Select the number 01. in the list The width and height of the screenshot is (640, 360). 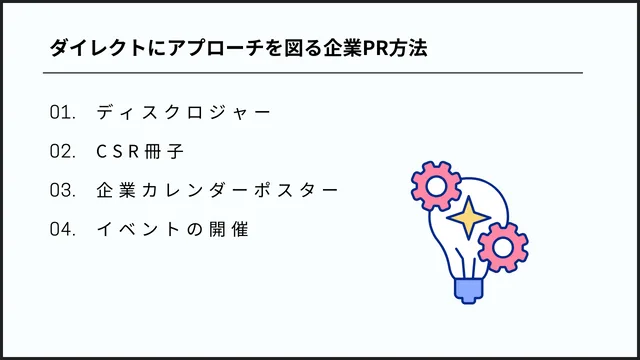[x=63, y=112]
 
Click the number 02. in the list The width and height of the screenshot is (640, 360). [x=63, y=151]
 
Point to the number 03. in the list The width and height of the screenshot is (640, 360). [x=63, y=190]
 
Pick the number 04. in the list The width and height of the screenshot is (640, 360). [x=63, y=229]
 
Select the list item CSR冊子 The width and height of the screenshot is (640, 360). [x=140, y=151]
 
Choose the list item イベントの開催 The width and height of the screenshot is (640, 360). [x=172, y=229]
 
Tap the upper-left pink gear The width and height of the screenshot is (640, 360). [x=434, y=185]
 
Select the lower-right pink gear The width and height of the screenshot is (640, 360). [x=503, y=246]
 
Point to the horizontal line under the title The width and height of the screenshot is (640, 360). [x=312, y=73]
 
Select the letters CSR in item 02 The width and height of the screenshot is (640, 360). [x=125, y=151]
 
